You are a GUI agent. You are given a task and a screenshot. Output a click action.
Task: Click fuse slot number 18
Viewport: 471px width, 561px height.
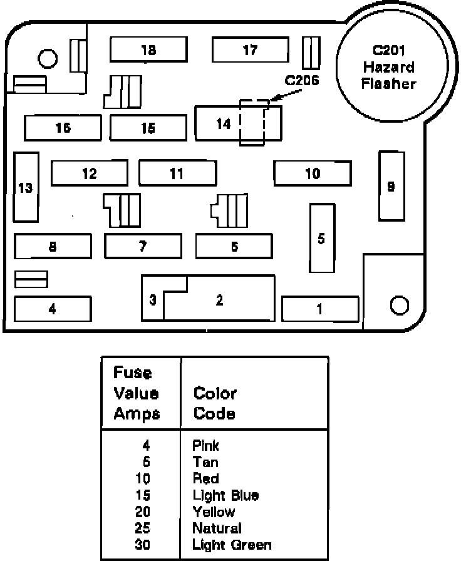(x=148, y=49)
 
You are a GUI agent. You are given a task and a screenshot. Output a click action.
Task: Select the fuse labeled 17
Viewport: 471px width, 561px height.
(x=249, y=49)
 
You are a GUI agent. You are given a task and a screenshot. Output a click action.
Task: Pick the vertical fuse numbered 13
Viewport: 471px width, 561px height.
(x=26, y=187)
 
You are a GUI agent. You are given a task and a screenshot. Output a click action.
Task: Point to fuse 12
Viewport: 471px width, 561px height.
(x=89, y=173)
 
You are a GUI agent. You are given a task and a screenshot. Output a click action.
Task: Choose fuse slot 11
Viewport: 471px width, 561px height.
(x=177, y=173)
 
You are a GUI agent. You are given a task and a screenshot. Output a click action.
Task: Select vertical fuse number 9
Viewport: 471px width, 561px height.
(x=391, y=187)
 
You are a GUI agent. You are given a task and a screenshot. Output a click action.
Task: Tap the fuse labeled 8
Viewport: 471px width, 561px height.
(x=53, y=246)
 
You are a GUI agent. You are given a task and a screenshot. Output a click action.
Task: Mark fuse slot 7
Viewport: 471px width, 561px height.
(x=143, y=245)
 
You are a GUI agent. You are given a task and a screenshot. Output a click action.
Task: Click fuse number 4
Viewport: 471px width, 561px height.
(x=53, y=309)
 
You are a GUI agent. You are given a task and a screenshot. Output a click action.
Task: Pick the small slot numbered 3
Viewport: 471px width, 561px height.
(x=153, y=300)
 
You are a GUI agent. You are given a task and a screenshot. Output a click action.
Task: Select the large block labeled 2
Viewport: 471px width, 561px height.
(x=219, y=300)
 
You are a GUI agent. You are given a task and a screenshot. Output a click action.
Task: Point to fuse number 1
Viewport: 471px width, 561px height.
(x=320, y=309)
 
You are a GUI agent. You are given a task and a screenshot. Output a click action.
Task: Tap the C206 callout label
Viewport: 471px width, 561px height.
(x=302, y=80)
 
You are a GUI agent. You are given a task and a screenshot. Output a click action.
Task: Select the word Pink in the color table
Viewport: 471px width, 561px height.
(x=206, y=446)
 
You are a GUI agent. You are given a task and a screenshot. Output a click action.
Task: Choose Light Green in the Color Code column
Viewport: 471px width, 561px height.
(x=232, y=545)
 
